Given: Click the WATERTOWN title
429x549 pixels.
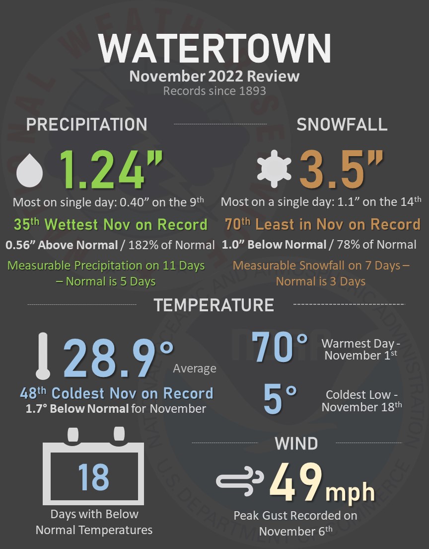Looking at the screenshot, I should tap(214, 49).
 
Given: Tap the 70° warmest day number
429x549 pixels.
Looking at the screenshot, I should tap(280, 346).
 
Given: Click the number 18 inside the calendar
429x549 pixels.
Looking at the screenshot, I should tap(93, 476).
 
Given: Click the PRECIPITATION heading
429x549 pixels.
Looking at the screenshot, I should tap(86, 124).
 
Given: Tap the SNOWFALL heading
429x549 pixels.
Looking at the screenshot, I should tap(342, 124).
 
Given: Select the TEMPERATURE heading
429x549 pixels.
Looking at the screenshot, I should tap(214, 304).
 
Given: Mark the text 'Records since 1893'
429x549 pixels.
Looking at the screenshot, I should tap(214, 91).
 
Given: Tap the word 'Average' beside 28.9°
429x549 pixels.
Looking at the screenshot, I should tap(195, 368).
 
